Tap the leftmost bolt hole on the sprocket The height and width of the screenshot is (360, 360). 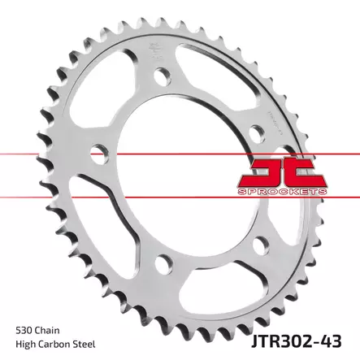(100, 151)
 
